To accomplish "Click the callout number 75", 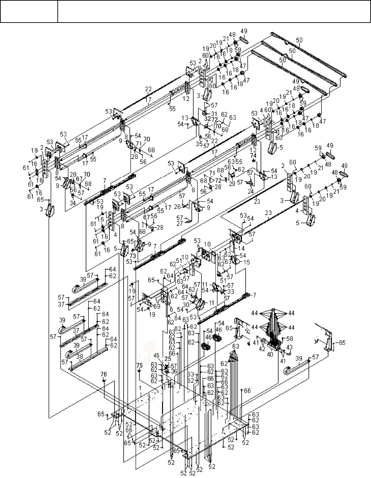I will coord(139,365).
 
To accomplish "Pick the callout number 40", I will coord(270,354).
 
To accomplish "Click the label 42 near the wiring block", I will coord(262,349).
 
